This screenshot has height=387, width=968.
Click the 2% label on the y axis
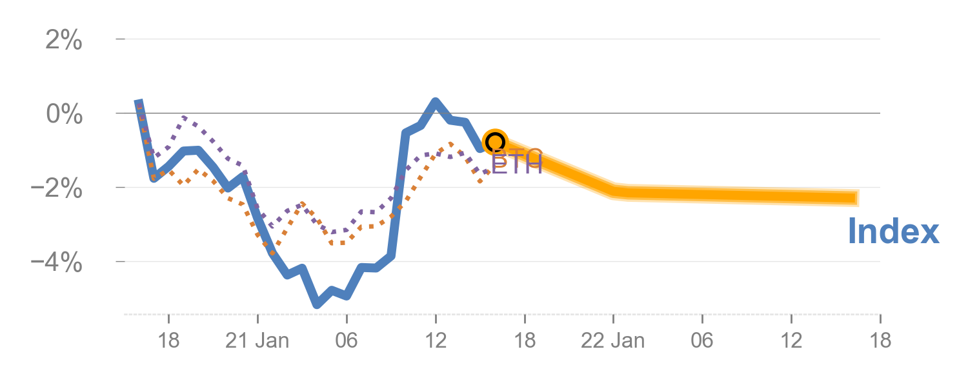(63, 41)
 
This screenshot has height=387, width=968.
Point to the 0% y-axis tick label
(63, 115)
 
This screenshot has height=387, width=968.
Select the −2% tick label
(58, 189)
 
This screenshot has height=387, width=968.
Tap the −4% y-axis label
(58, 263)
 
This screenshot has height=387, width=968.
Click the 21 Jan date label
(257, 341)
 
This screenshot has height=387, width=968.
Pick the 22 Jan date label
(613, 341)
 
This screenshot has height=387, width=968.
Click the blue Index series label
(893, 231)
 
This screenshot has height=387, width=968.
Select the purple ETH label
(516, 164)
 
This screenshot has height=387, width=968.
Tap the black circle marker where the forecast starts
(495, 142)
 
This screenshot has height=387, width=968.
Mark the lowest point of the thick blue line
(316, 304)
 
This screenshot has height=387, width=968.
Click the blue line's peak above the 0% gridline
(436, 102)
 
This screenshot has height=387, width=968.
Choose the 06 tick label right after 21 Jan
(347, 341)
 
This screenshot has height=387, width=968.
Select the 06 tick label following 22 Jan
(702, 341)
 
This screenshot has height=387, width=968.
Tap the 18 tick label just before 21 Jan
(168, 341)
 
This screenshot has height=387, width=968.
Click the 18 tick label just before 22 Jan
(525, 341)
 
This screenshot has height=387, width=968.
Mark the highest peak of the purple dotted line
(186, 117)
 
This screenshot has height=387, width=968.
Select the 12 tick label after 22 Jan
(791, 341)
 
